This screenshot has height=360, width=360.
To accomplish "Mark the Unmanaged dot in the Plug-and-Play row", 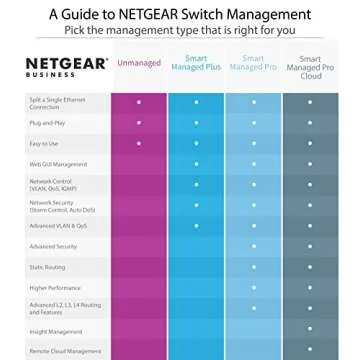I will (x=139, y=122).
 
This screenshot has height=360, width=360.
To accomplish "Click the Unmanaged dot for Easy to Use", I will (x=139, y=143).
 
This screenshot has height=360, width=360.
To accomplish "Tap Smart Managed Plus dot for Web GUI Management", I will (x=196, y=163).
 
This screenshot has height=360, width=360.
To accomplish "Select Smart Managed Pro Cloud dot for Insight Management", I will (x=310, y=329).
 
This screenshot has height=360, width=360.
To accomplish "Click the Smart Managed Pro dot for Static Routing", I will (x=253, y=266).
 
